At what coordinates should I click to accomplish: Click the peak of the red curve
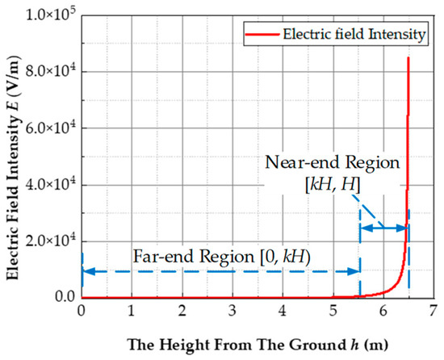(x=408, y=57)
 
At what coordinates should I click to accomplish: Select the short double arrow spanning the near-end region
(x=383, y=229)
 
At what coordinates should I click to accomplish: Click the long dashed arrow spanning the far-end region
(x=220, y=271)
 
